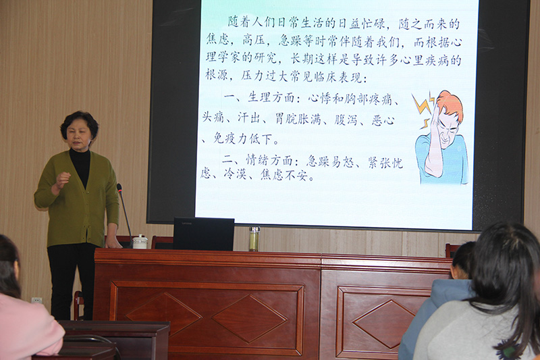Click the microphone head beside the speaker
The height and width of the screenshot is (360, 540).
coord(119,188)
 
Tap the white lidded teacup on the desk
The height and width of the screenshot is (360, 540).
coord(140,242)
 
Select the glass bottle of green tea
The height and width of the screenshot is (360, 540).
coord(254,238)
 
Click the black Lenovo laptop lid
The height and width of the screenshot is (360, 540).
coord(204,234)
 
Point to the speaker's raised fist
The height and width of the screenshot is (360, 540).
coord(63,180)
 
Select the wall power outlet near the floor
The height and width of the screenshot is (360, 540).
coord(37,300)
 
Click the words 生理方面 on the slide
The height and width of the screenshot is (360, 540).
coord(271,97)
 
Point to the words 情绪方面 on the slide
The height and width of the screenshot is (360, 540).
coord(269,160)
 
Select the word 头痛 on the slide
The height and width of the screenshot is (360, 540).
coord(213,118)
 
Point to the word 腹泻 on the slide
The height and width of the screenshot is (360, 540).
coord(346,120)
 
